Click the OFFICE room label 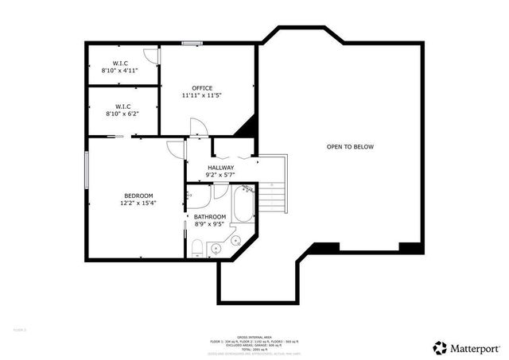point(202,87)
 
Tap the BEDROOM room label point(138,195)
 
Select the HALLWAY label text point(221,168)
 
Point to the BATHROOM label point(211,215)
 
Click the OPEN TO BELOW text point(350,147)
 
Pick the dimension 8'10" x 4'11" point(120,71)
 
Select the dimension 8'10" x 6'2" point(120,113)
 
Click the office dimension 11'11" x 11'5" point(202,95)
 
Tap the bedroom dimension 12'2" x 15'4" point(138,203)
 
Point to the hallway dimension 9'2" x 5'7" point(221,175)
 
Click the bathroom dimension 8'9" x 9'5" point(211,223)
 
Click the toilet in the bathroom point(196,251)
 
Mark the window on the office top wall point(191,43)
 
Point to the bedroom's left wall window point(87,166)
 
